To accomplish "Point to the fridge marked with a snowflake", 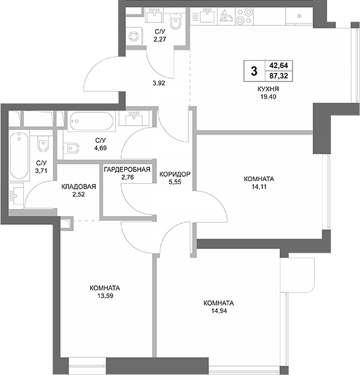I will click(299, 16).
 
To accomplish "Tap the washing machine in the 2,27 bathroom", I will click(134, 36).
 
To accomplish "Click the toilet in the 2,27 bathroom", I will click(180, 22).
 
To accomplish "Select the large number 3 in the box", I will click(254, 69).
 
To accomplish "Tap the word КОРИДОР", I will click(175, 174).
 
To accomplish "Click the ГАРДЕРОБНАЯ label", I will click(128, 169).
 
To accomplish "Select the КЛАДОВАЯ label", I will click(78, 187).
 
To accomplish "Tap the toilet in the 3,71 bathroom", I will click(42, 143).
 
